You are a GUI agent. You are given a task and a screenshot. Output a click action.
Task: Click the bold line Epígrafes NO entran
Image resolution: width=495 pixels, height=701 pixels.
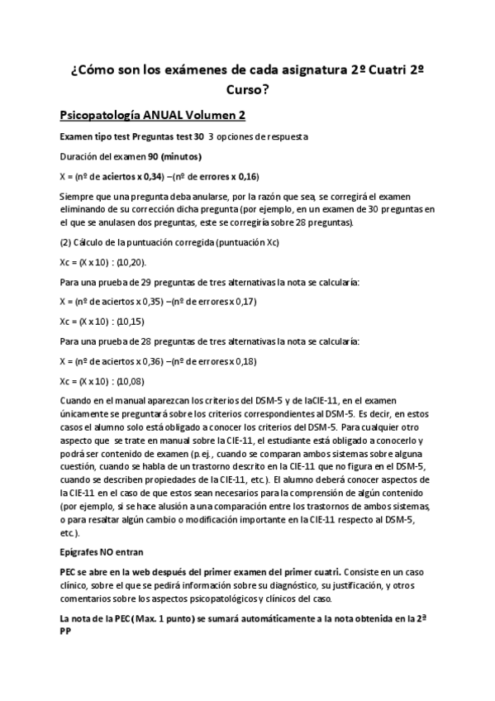pos(102,551)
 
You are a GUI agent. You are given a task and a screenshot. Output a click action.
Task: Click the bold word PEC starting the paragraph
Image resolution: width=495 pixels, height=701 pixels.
pos(69,571)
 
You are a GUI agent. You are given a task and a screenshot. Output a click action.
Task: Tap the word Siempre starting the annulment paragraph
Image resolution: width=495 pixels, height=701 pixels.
pos(79,196)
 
